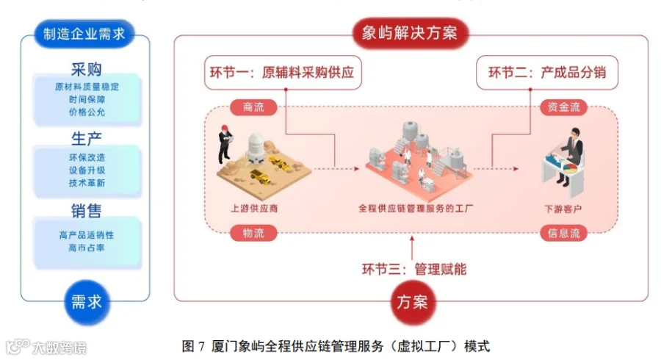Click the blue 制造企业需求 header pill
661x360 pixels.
click(84, 33)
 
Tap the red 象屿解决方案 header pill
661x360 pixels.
click(409, 33)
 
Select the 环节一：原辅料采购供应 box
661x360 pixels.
click(283, 73)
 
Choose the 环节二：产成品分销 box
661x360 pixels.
click(546, 73)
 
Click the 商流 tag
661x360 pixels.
click(253, 107)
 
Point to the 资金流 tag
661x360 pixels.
click(563, 107)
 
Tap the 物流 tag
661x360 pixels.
click(253, 233)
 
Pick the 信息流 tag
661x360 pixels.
click(563, 233)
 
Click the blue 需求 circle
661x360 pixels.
click(87, 302)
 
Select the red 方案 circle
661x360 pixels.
click(412, 302)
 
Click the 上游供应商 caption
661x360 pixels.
click(254, 208)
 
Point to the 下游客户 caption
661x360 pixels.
click(563, 209)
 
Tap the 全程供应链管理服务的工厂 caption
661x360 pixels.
click(416, 208)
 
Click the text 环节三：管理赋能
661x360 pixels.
click(414, 269)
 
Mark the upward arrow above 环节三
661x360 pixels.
click(412, 248)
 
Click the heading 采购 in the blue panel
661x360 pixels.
click(87, 69)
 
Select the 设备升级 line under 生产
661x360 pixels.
click(87, 170)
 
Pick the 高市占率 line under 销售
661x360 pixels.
click(87, 248)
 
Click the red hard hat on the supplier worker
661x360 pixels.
click(225, 127)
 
